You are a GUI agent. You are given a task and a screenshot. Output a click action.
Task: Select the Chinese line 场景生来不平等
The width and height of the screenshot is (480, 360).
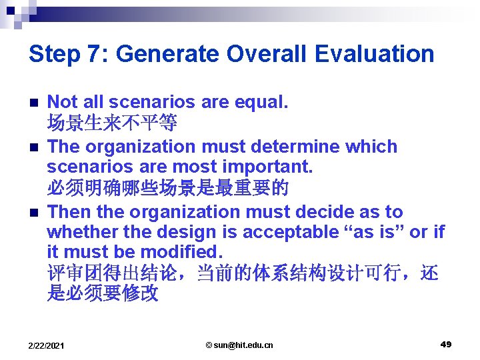112,123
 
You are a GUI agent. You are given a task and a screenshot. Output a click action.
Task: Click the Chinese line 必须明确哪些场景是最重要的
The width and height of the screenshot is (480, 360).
167,188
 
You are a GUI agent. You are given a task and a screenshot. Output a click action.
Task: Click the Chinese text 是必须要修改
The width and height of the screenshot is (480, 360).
103,294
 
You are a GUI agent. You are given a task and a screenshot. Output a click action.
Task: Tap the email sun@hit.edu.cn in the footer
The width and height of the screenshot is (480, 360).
239,345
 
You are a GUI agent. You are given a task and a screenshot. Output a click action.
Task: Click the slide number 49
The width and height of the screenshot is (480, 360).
446,344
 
